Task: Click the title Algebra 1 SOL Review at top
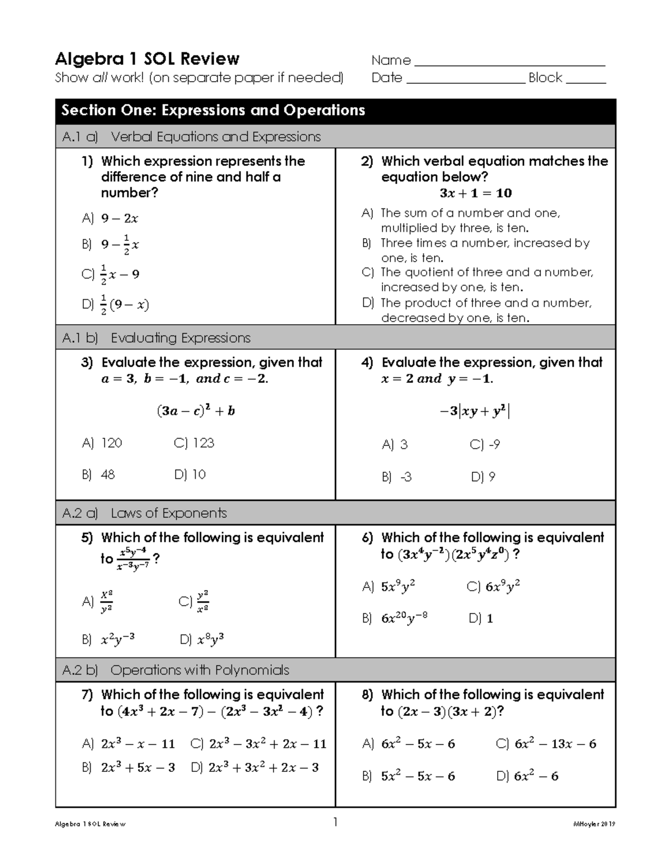pos(147,59)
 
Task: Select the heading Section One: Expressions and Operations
pos(213,110)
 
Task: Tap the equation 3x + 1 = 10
pos(475,193)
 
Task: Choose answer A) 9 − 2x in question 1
pos(111,219)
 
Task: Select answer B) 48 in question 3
pos(98,475)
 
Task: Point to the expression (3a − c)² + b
pos(196,411)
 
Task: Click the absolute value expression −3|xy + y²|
pos(475,412)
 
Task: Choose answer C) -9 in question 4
pos(485,445)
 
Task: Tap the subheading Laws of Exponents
pos(168,513)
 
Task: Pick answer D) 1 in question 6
pos(481,619)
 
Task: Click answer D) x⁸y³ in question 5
pos(202,640)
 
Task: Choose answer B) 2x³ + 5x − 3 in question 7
pos(129,768)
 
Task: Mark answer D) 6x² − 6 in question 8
pos(527,776)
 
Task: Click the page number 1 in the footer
pos(335,822)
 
